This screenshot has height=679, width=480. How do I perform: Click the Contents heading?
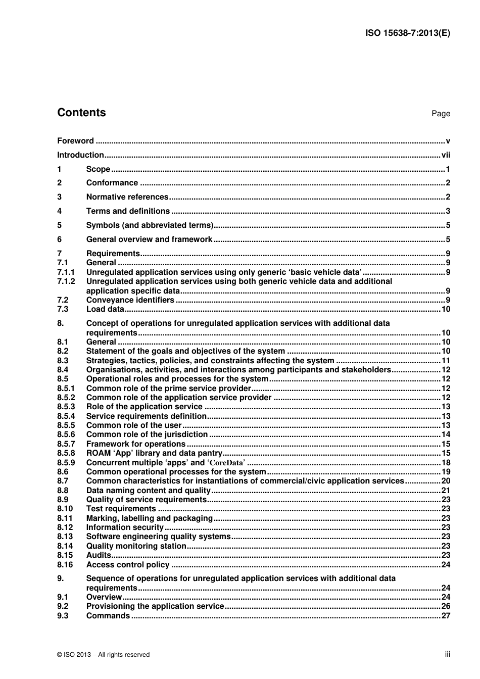pyautogui.click(x=81, y=113)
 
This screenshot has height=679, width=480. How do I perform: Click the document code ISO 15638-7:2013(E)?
pyautogui.click(x=407, y=33)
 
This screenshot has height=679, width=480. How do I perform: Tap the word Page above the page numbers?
pyautogui.click(x=441, y=114)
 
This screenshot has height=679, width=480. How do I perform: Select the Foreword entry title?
pyautogui.click(x=75, y=141)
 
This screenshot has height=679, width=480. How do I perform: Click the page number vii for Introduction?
pyautogui.click(x=445, y=155)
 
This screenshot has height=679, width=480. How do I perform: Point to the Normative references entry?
pyautogui.click(x=127, y=197)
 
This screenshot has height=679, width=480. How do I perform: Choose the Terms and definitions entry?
pyautogui.click(x=128, y=211)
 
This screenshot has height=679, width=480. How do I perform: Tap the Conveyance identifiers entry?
pyautogui.click(x=130, y=300)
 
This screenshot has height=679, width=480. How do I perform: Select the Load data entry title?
pyautogui.click(x=105, y=309)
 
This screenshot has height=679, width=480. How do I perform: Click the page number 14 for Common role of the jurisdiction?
pyautogui.click(x=446, y=434)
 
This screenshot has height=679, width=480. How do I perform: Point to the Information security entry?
pyautogui.click(x=125, y=527)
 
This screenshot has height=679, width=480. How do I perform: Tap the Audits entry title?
pyautogui.click(x=99, y=555)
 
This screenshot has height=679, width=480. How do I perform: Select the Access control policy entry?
pyautogui.click(x=128, y=565)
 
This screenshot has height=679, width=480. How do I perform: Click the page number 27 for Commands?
pyautogui.click(x=446, y=616)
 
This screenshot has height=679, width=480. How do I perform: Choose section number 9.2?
pyautogui.click(x=63, y=606)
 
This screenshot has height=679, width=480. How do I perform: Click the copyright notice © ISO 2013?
pyautogui.click(x=104, y=655)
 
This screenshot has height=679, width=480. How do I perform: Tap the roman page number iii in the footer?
pyautogui.click(x=447, y=654)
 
